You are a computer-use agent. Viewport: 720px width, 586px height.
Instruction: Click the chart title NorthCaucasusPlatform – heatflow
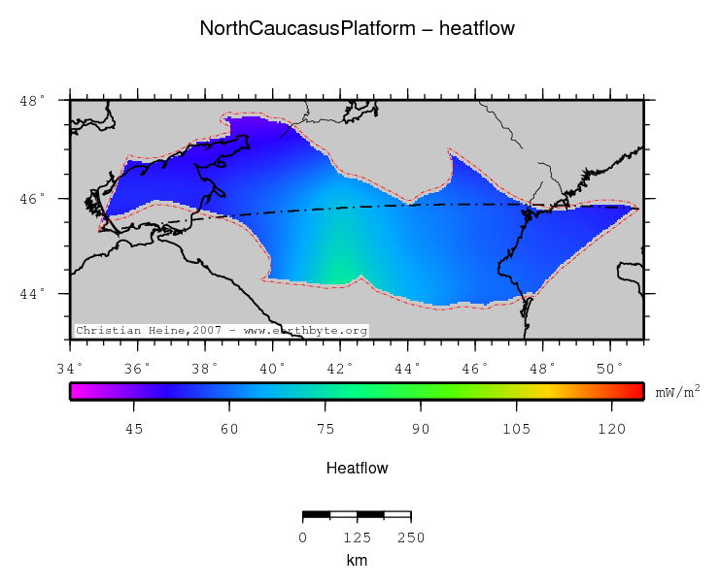coord(357,29)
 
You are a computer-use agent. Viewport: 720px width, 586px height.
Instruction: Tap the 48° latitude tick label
coord(32,101)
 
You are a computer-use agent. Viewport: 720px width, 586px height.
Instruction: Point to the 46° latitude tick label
coord(32,199)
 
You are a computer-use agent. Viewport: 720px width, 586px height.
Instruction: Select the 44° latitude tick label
coord(32,294)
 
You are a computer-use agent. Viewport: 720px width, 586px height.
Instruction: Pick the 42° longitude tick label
coord(339,368)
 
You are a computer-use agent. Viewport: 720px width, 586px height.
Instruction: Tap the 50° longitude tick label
coord(609,368)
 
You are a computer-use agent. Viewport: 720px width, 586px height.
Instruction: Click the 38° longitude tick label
coord(204,368)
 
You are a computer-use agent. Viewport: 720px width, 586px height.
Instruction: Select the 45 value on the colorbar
coord(134,428)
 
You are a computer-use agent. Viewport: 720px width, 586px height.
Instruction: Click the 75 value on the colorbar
coord(325,428)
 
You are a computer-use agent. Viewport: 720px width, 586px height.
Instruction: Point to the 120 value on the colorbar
coord(611,428)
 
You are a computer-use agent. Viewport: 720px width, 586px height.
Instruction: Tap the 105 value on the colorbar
coord(516,428)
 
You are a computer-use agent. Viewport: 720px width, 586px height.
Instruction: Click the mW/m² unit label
coord(677,392)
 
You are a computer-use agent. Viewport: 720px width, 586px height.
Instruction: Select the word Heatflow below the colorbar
coord(357,469)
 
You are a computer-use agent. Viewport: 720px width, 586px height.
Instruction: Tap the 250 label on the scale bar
coord(411,537)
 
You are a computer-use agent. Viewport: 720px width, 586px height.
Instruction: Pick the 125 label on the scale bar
coord(357,537)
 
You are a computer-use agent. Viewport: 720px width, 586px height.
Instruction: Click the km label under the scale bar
coord(357,561)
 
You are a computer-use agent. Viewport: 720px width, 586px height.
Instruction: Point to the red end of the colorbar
coord(636,391)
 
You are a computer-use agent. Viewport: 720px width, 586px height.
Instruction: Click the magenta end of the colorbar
coord(77,391)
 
